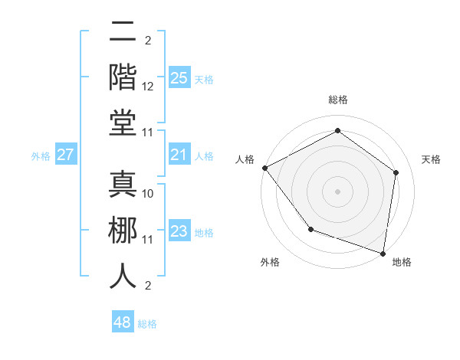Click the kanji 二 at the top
point(123,31)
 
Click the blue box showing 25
point(179,78)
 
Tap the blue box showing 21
point(179,155)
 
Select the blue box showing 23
point(179,232)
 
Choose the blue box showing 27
point(65,155)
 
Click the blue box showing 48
point(123,322)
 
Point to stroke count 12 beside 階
point(148,87)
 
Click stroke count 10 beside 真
point(148,193)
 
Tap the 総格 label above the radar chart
point(337,100)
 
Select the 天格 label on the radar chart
point(431,159)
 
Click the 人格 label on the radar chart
point(245,159)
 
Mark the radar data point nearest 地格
point(383,253)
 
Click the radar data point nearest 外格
point(310,229)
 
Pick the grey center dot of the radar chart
point(337,191)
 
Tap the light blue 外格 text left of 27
point(41,156)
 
